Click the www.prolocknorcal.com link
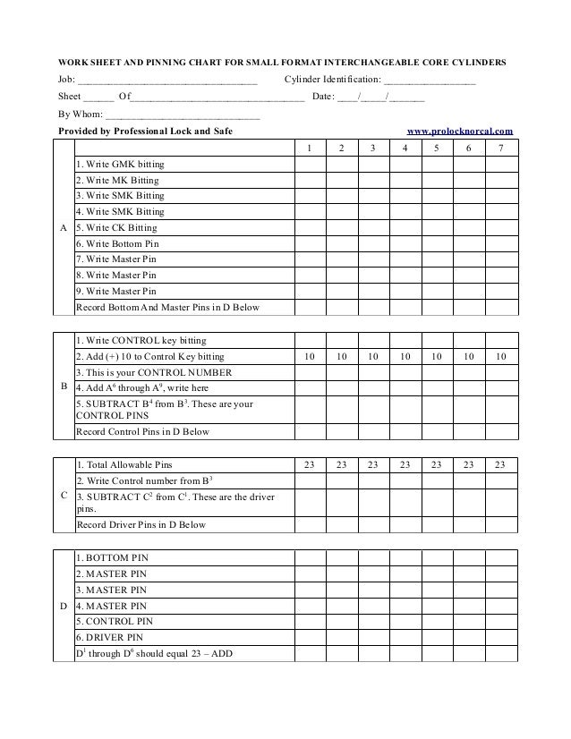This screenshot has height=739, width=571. point(460,131)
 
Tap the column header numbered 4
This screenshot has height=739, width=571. point(405,149)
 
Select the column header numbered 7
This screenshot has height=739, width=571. point(500,149)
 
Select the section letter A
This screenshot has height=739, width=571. point(63,228)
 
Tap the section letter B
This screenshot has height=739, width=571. point(63,387)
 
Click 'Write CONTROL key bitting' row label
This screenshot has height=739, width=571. point(141,341)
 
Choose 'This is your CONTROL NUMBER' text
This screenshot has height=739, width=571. point(154,372)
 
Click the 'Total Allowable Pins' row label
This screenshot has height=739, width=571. point(124,465)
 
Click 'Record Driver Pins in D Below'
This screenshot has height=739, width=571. point(141,525)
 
